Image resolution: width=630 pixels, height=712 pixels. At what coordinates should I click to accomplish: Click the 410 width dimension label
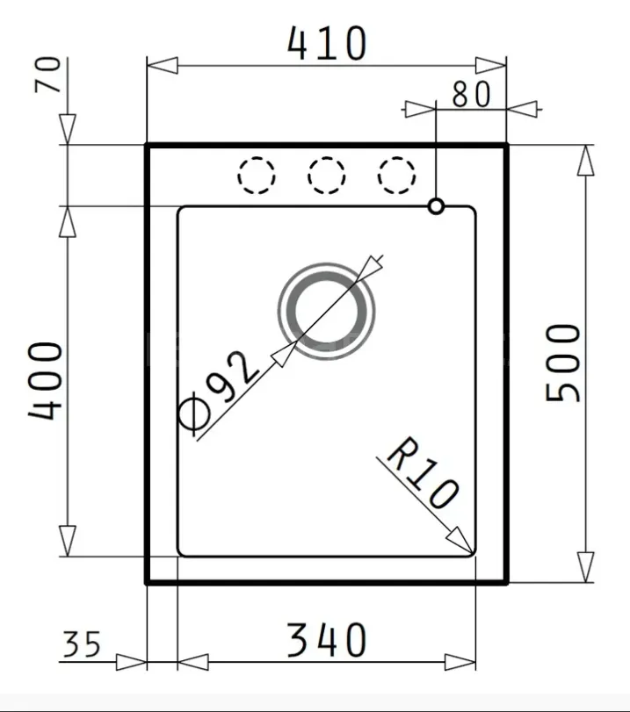(327, 44)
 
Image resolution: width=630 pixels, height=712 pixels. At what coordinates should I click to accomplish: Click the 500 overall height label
(563, 362)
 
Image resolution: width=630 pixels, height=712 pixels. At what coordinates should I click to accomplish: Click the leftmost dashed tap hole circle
(257, 175)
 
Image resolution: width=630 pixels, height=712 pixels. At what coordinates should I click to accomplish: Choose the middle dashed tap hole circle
(327, 175)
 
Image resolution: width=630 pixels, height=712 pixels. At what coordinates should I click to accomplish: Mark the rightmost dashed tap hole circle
(396, 175)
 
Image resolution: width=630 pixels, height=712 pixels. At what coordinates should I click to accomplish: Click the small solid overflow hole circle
(436, 206)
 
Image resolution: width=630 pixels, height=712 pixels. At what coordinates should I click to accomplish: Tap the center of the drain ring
(327, 310)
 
